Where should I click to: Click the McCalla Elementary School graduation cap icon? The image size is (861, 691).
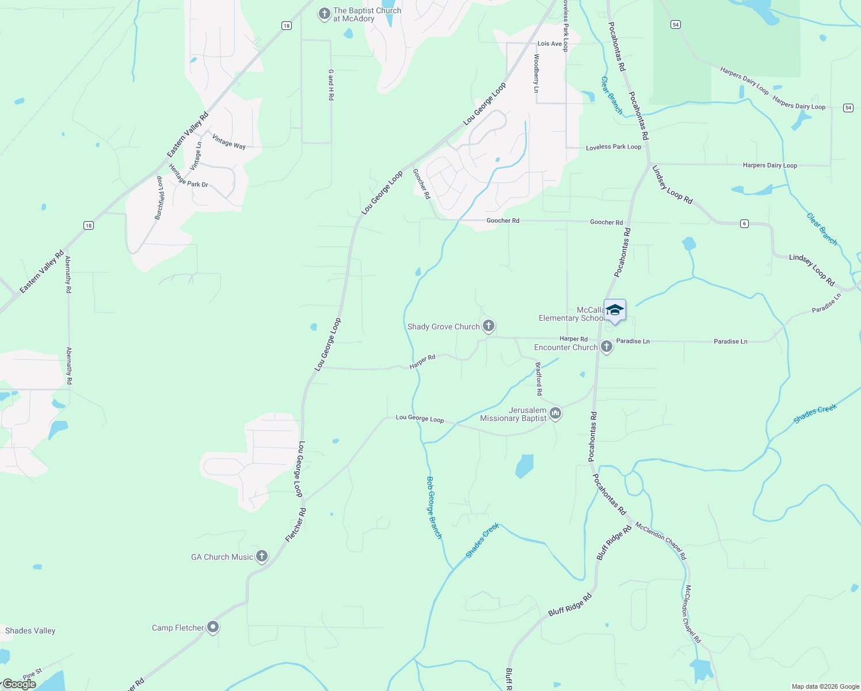(615, 310)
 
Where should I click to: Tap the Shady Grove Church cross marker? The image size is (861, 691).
(489, 326)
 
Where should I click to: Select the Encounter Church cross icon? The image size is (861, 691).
(606, 347)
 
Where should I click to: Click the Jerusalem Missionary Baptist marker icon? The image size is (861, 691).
(555, 413)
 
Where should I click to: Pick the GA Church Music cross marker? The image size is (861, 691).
(262, 556)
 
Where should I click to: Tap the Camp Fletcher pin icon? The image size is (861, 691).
(213, 627)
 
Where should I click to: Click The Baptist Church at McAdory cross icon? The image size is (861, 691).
(325, 13)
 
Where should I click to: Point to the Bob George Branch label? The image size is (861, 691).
(434, 507)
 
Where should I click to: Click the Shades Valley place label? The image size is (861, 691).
(31, 631)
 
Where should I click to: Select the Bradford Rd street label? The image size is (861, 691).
(539, 378)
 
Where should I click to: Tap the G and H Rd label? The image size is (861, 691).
(331, 85)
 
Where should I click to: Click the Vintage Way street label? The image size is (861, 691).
(229, 142)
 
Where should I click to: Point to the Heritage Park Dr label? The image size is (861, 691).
(188, 176)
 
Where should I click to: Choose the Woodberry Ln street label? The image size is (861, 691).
(536, 73)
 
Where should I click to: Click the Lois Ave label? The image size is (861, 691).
(550, 44)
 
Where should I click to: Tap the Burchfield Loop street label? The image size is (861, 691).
(159, 198)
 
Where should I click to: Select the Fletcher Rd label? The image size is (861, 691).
(296, 525)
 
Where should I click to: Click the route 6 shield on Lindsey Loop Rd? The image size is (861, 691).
(744, 223)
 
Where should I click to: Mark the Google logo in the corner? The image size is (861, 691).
(19, 684)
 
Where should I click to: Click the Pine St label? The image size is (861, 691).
(32, 674)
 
